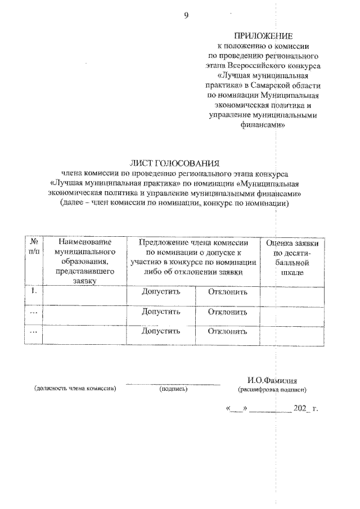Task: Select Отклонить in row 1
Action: pyautogui.click(x=227, y=292)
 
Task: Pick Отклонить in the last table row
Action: pyautogui.click(x=227, y=331)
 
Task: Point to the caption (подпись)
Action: pyautogui.click(x=173, y=389)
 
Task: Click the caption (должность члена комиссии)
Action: pyautogui.click(x=75, y=389)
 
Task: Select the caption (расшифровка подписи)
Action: pyautogui.click(x=272, y=389)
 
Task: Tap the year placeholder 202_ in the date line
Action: pyautogui.click(x=301, y=422)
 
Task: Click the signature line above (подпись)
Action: pyautogui.click(x=173, y=384)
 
